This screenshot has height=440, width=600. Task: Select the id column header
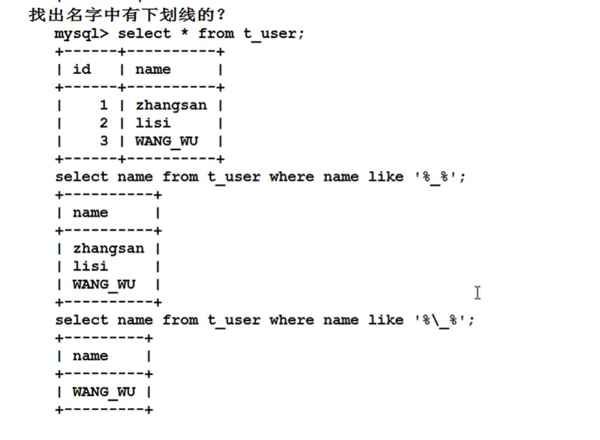pyautogui.click(x=82, y=69)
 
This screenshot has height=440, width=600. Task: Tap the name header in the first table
pyautogui.click(x=152, y=69)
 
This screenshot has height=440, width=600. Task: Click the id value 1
pyautogui.click(x=103, y=105)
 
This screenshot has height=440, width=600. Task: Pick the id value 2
pyautogui.click(x=103, y=123)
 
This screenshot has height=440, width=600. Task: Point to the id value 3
pyautogui.click(x=103, y=141)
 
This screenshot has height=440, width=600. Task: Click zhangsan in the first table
pyautogui.click(x=171, y=105)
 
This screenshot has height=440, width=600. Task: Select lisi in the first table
pyautogui.click(x=152, y=123)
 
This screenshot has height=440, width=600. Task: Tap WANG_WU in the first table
pyautogui.click(x=166, y=141)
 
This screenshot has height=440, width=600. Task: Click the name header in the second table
pyautogui.click(x=90, y=213)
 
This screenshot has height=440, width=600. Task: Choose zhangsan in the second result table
pyautogui.click(x=109, y=249)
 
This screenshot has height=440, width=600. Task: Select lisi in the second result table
pyautogui.click(x=90, y=266)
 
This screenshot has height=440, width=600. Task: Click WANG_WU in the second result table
pyautogui.click(x=104, y=284)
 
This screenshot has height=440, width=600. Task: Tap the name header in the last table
pyautogui.click(x=90, y=356)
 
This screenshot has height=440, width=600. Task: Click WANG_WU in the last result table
pyautogui.click(x=104, y=392)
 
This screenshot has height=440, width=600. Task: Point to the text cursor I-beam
pyautogui.click(x=477, y=292)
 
